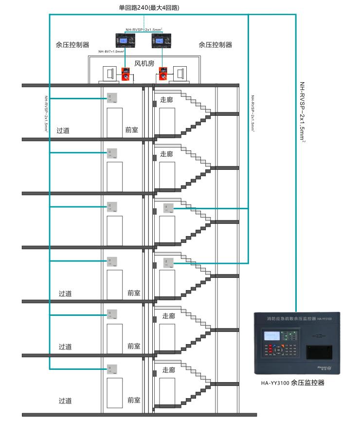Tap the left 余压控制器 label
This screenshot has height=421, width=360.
(72, 44)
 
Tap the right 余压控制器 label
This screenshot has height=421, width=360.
(215, 44)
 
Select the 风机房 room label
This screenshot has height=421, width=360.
(144, 64)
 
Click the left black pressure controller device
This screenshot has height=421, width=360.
(126, 41)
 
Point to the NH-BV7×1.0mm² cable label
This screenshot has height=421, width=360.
(111, 51)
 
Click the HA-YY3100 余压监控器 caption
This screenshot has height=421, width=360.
(292, 383)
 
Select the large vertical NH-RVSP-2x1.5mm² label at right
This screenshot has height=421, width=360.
(302, 112)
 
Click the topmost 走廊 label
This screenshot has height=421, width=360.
(166, 99)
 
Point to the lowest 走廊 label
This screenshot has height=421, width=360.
(168, 369)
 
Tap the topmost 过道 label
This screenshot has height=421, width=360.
(63, 130)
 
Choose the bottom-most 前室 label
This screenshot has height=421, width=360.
(134, 400)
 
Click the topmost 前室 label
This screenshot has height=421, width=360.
(131, 130)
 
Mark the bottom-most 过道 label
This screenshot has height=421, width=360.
(65, 401)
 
